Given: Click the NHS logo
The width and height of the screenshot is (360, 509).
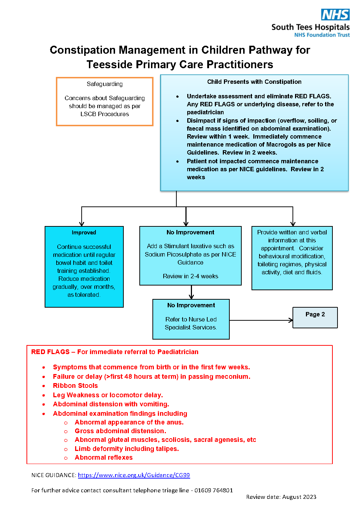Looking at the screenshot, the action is [335, 15].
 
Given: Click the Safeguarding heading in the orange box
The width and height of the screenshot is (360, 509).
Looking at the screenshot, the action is [105, 84].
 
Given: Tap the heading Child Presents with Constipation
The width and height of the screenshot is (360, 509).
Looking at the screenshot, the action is [254, 82].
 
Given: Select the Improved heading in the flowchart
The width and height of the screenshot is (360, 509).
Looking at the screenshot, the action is [84, 233].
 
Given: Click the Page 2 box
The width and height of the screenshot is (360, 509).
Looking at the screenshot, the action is [315, 317].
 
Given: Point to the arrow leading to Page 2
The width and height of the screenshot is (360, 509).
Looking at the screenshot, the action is [261, 320].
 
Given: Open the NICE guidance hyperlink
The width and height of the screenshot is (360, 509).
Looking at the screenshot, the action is [134, 475].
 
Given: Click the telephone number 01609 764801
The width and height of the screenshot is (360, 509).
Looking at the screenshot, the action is [214, 490].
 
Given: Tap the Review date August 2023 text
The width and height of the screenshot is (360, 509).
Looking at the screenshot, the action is [281, 497].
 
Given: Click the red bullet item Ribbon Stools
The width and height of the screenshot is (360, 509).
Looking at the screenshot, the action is [75, 385].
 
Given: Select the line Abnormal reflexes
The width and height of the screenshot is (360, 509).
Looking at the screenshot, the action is [104, 457].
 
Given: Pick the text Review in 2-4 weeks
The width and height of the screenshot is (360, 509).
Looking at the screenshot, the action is [191, 276].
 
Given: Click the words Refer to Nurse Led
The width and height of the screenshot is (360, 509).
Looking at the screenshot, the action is [191, 319].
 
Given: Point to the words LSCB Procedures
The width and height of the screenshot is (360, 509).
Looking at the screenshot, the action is [105, 114].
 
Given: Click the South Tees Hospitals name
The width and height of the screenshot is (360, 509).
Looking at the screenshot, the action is [310, 27].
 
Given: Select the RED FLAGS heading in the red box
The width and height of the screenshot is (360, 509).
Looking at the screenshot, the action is [115, 352].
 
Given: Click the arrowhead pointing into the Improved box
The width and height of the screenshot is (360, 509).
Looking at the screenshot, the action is [82, 224].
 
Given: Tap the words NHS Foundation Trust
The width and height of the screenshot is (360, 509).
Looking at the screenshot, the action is [322, 35].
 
